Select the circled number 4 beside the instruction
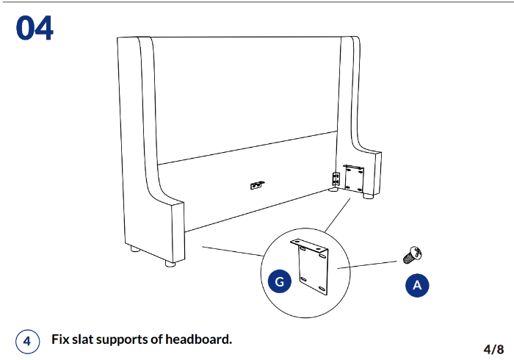(x=26, y=341)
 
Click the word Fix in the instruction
(x=61, y=339)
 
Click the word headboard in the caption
(x=198, y=339)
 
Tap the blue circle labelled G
(x=280, y=281)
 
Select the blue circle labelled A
(x=417, y=285)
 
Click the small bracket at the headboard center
(x=257, y=185)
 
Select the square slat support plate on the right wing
(x=354, y=179)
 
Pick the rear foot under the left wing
(x=135, y=250)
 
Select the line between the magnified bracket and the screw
(x=371, y=264)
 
